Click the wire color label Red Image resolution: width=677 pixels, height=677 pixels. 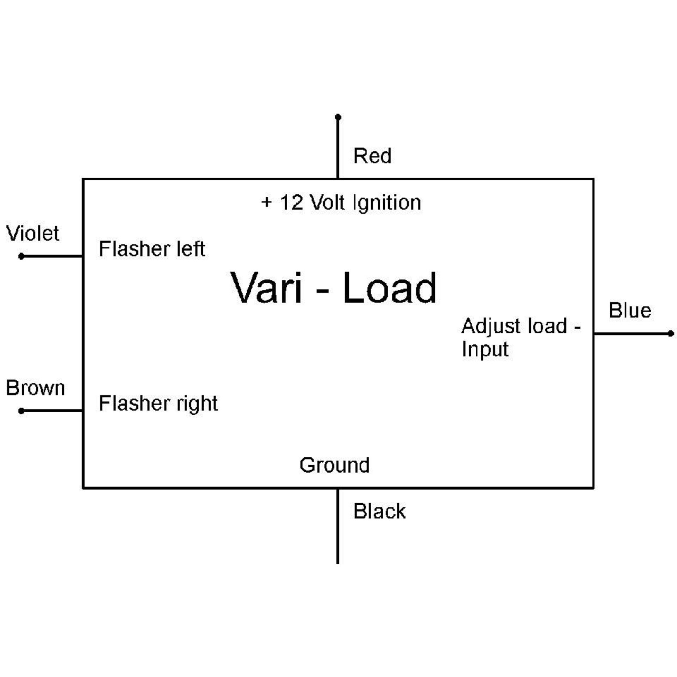(372, 156)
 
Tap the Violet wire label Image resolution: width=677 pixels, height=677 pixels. (33, 234)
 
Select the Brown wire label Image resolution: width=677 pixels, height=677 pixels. (36, 388)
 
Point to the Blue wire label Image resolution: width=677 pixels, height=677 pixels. (629, 311)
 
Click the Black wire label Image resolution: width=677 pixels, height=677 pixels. (379, 511)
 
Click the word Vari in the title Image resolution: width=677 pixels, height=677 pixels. (266, 288)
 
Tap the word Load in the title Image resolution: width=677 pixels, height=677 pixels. (389, 288)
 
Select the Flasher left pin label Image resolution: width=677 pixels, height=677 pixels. (152, 249)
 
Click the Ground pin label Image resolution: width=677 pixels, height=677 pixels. (334, 466)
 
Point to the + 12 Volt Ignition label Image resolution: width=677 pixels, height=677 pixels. (341, 203)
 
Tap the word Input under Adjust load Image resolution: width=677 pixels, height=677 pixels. (485, 350)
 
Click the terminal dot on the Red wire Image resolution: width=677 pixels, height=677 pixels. (338, 117)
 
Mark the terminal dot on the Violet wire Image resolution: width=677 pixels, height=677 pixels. (21, 257)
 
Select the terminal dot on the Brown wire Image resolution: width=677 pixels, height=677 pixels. (21, 411)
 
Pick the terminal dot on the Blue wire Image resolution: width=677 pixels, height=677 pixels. (670, 334)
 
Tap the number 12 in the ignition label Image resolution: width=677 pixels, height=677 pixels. (291, 203)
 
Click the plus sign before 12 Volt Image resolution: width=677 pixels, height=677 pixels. (266, 202)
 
